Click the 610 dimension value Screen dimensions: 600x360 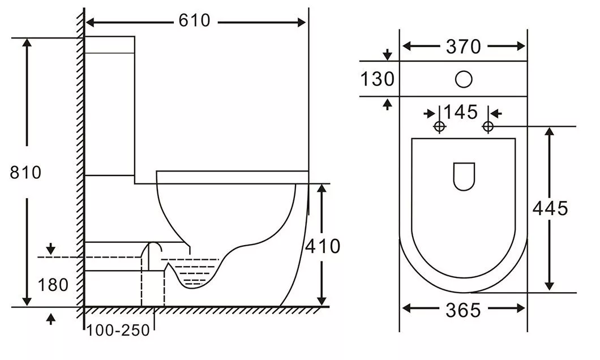(x=194, y=20)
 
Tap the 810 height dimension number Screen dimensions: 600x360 (x=25, y=173)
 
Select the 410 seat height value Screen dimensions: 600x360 (x=323, y=246)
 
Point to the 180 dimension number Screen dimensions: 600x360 (x=53, y=285)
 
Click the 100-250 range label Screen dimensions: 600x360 (x=118, y=331)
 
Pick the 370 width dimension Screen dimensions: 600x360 (x=464, y=46)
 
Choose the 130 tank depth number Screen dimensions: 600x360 (x=378, y=79)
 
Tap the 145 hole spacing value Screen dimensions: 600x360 (x=461, y=112)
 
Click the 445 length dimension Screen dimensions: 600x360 (x=551, y=209)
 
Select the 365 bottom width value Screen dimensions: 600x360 (x=463, y=310)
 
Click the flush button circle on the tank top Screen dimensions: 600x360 (x=464, y=79)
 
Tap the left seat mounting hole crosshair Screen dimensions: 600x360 (x=439, y=126)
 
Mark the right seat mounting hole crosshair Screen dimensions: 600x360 (x=488, y=126)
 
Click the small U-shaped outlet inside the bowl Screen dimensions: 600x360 (x=464, y=177)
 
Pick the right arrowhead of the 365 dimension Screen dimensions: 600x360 (x=521, y=308)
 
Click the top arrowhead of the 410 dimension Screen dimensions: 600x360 (x=322, y=188)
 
